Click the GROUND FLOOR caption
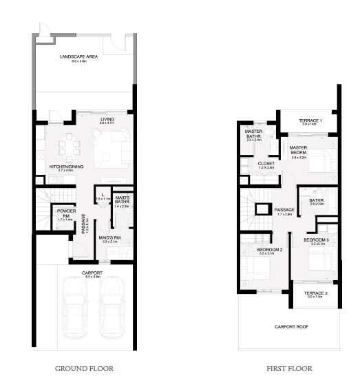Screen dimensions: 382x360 click(85, 368)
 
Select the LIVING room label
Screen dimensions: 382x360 click(107, 120)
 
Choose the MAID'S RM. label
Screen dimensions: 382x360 click(110, 239)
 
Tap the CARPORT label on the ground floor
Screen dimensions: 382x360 click(92, 273)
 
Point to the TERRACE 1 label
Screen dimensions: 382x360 click(312, 121)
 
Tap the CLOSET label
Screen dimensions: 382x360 click(266, 164)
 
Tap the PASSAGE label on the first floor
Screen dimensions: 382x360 click(284, 210)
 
